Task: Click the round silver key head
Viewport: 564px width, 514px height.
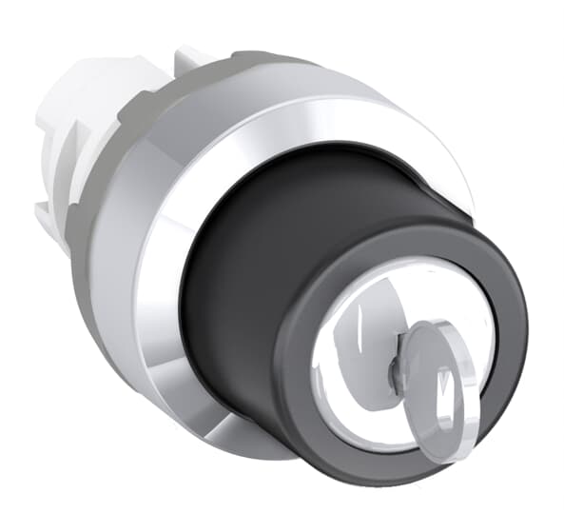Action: pyautogui.click(x=439, y=391)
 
